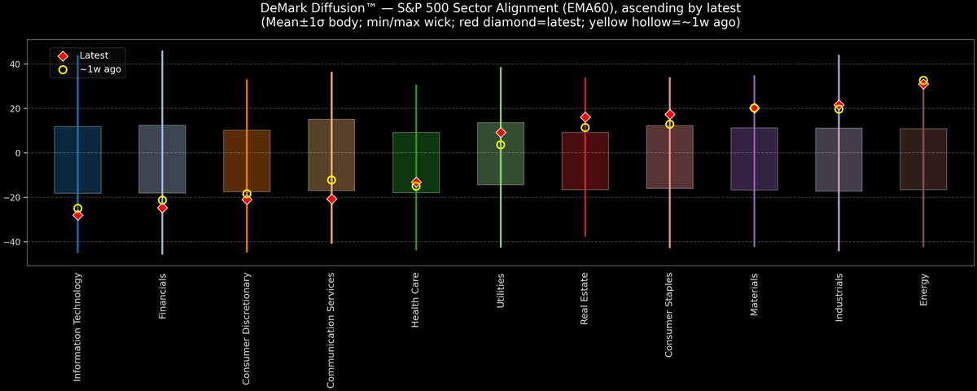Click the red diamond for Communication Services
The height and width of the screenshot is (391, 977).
(331, 199)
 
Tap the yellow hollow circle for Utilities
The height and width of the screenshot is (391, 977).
(501, 145)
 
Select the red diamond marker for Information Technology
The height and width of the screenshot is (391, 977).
(78, 215)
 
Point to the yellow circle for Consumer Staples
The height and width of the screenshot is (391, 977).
(669, 125)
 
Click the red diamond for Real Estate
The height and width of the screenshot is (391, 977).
(585, 117)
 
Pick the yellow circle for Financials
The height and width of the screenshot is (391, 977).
(162, 200)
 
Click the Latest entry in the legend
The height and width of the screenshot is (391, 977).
(94, 55)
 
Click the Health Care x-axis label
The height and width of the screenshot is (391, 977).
(416, 301)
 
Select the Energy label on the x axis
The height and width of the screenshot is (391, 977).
(924, 289)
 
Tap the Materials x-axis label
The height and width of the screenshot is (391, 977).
(755, 295)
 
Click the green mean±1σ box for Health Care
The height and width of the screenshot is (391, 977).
(416, 163)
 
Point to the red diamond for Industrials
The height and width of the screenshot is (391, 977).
(839, 106)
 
